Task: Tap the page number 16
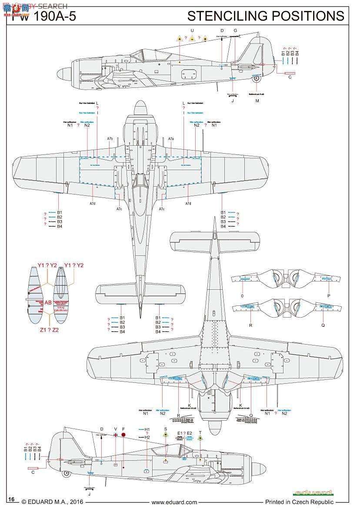click(x=12, y=499)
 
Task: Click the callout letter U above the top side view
click(x=192, y=30)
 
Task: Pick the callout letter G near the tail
click(x=235, y=30)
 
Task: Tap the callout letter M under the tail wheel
click(x=257, y=101)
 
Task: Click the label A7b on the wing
click(x=110, y=139)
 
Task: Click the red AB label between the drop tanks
click(x=48, y=302)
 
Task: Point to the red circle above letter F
click(x=123, y=434)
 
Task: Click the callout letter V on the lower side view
click(x=115, y=429)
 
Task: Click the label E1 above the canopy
click(x=180, y=433)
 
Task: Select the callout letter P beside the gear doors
click(x=329, y=295)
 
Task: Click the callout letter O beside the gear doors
click(x=242, y=295)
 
